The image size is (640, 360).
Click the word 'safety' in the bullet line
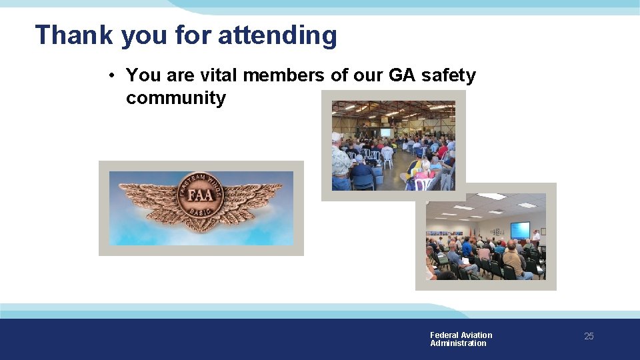[449, 75]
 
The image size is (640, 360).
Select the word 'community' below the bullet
[176, 98]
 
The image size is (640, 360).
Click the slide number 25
[589, 337]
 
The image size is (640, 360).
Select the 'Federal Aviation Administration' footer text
[461, 339]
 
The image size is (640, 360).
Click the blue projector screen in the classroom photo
[519, 229]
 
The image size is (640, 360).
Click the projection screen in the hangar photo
[385, 133]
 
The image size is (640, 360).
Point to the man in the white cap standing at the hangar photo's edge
[340, 160]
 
